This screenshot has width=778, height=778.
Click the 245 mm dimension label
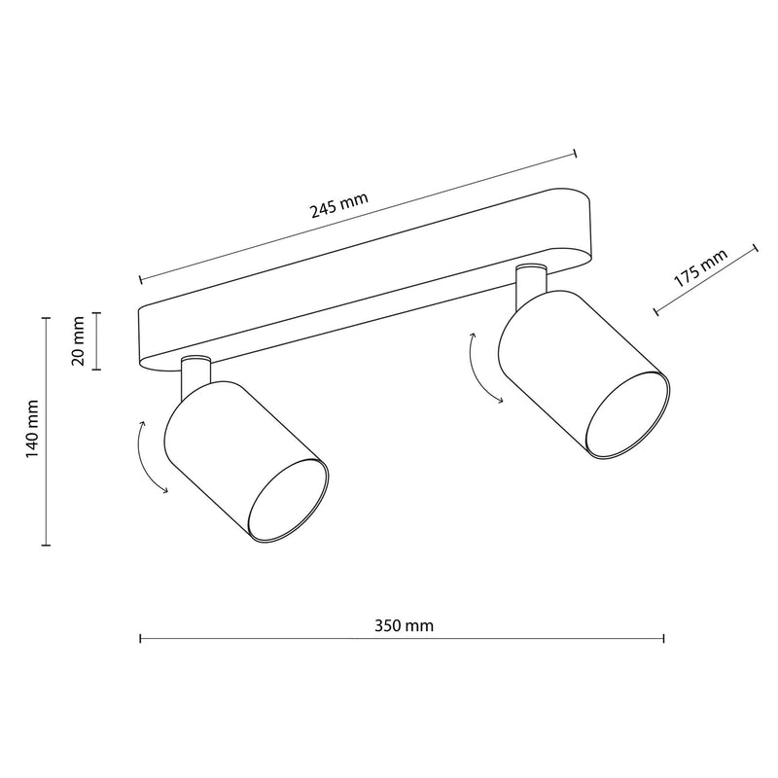(339, 205)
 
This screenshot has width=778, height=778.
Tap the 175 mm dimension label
(700, 268)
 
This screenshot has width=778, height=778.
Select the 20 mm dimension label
(79, 341)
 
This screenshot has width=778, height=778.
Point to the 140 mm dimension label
(32, 429)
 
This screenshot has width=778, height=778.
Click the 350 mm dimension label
(404, 625)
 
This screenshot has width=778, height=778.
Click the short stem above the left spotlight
(196, 376)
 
